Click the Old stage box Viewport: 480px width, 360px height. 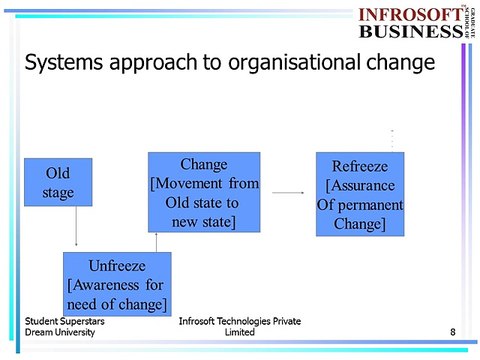[x=58, y=182]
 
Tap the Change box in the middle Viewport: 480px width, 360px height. [x=204, y=192]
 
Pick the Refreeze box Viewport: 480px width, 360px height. [x=359, y=194]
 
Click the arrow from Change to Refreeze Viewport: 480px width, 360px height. [x=288, y=193]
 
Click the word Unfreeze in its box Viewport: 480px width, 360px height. [x=118, y=267]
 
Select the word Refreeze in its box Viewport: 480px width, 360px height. [x=359, y=167]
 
